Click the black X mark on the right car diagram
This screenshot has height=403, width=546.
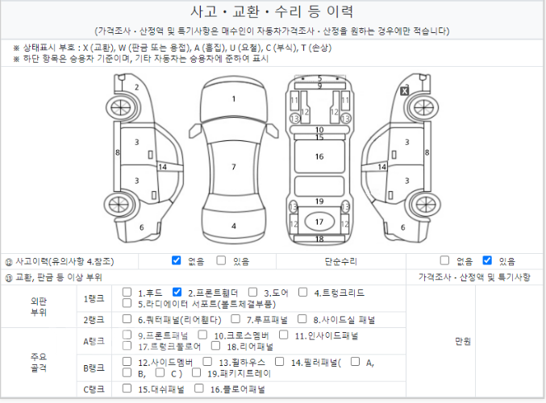click(x=404, y=91)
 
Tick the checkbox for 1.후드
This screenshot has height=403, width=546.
click(x=127, y=292)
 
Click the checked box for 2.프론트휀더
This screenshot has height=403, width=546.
click(x=177, y=292)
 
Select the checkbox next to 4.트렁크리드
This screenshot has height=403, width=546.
click(x=303, y=292)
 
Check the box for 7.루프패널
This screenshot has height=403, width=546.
click(x=235, y=319)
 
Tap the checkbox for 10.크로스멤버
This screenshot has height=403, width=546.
click(x=202, y=334)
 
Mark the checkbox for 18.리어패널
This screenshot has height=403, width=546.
click(x=216, y=346)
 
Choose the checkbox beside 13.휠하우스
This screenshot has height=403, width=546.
click(x=207, y=362)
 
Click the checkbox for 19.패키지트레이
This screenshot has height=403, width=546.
click(x=197, y=372)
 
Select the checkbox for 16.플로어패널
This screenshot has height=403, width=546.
click(x=199, y=388)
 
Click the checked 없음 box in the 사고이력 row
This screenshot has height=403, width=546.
click(x=177, y=260)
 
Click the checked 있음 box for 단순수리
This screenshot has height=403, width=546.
click(x=487, y=260)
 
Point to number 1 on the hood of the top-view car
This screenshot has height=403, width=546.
click(x=234, y=99)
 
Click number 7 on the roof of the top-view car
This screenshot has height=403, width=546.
click(x=234, y=167)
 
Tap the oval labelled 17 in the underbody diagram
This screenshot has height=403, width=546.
click(x=319, y=222)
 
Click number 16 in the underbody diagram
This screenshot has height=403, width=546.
click(x=319, y=156)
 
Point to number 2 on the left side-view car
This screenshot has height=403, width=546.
click(x=137, y=87)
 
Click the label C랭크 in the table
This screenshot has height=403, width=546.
click(x=94, y=389)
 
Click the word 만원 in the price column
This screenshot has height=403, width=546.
click(x=463, y=341)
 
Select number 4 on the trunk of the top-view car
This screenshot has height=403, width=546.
click(x=234, y=226)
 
